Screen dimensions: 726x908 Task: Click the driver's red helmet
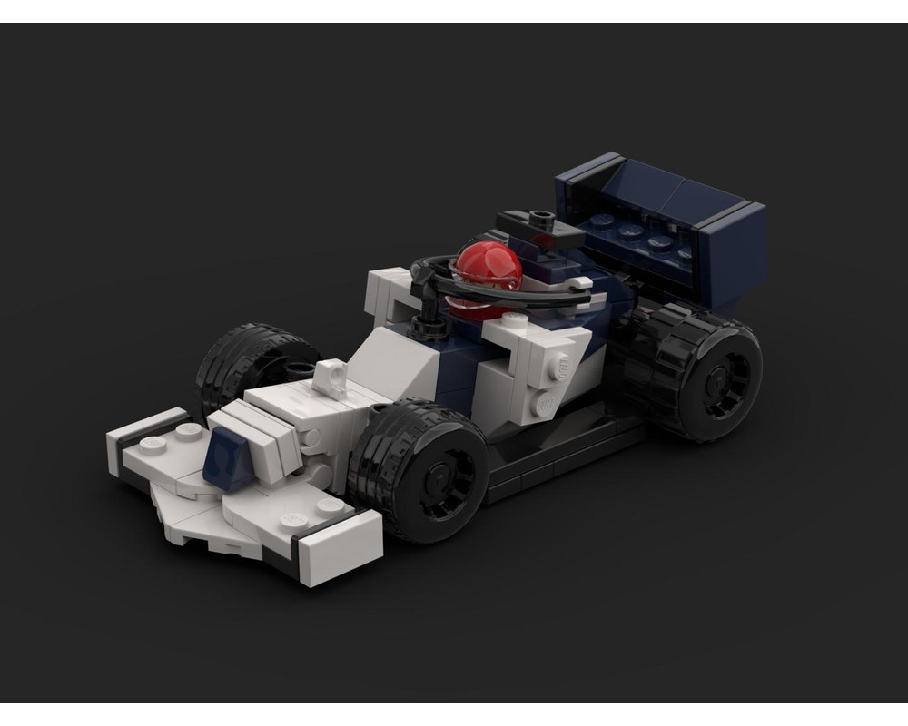click(x=488, y=266)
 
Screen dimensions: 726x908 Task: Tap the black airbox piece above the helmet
click(x=539, y=227)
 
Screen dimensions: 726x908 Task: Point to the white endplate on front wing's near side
click(x=340, y=550)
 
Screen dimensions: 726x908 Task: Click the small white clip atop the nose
click(x=331, y=377)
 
